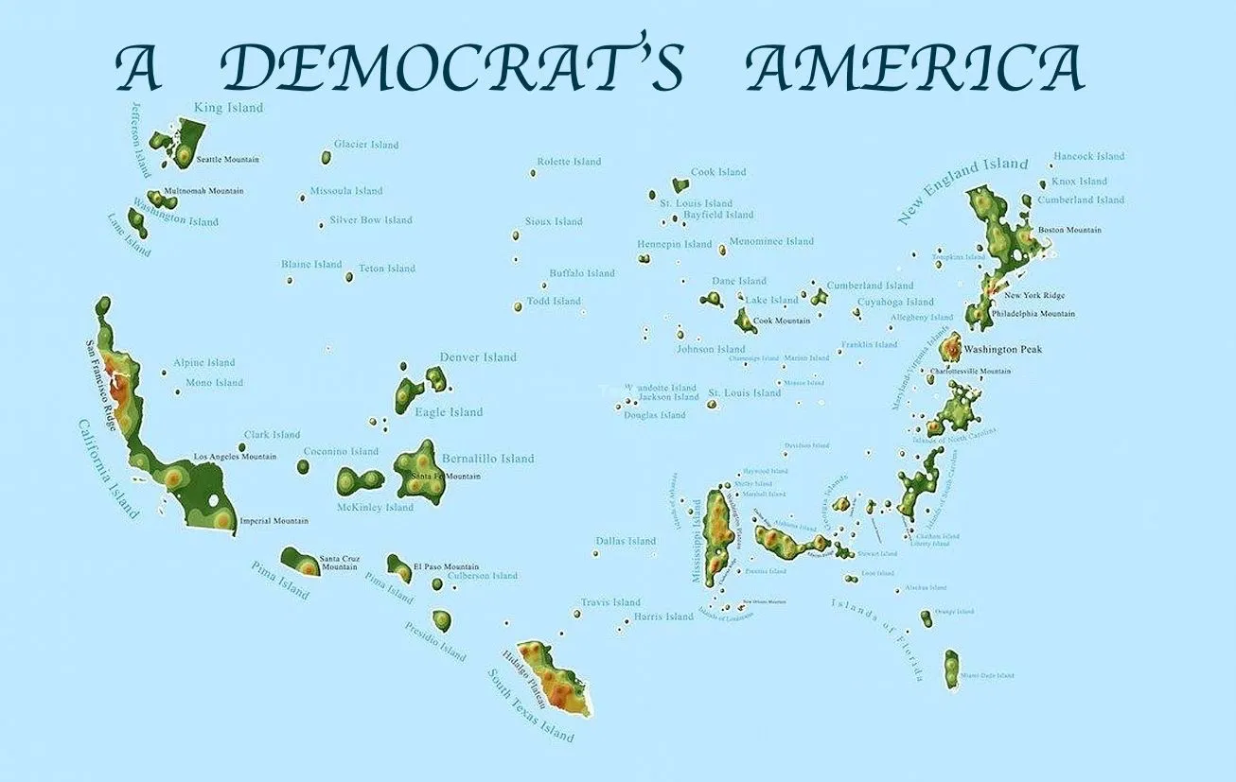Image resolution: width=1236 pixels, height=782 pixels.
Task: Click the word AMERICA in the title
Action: tap(913, 69)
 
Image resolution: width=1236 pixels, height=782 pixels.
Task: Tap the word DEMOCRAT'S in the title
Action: tap(451, 69)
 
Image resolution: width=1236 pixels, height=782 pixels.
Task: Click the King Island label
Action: tap(228, 108)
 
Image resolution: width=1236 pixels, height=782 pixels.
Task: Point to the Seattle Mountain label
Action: tap(227, 160)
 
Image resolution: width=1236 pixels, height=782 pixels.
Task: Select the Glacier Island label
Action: tap(366, 145)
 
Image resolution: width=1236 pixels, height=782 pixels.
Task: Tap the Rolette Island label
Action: tap(569, 162)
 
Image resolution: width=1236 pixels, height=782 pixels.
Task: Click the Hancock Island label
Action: tap(1088, 156)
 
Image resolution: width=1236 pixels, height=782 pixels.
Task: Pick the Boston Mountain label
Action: tap(1069, 230)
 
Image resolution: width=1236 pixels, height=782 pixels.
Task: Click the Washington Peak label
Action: tap(1002, 350)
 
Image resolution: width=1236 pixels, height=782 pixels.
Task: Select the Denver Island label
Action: tap(478, 357)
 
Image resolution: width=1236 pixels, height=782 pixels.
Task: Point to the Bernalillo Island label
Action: tap(487, 459)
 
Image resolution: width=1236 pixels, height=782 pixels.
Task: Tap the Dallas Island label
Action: tap(626, 541)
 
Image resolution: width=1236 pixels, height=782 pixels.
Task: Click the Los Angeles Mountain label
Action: tap(235, 457)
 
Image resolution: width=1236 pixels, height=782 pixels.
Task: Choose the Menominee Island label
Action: tap(771, 241)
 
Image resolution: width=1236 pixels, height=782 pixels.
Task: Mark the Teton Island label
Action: tap(387, 269)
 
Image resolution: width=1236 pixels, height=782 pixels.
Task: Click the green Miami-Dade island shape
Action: tap(951, 668)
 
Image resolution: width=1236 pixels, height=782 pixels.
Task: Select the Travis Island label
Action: tap(610, 602)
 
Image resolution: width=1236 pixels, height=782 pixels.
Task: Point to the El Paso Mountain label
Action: tap(446, 566)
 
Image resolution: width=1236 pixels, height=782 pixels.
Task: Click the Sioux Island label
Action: tap(554, 222)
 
